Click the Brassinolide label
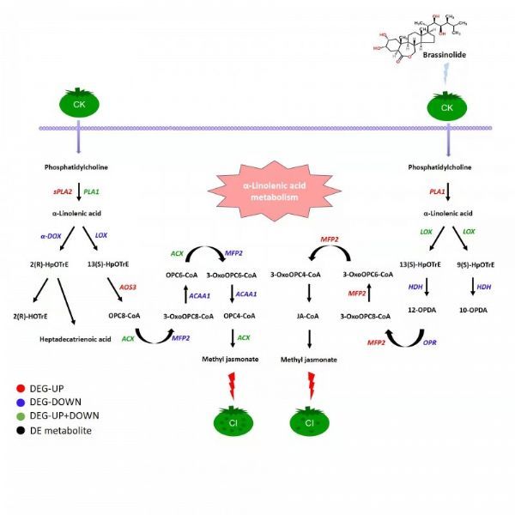point(444,55)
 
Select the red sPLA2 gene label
point(63,191)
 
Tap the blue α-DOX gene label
point(51,236)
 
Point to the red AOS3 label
point(127,287)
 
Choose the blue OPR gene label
point(430,342)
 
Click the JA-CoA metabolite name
point(308,316)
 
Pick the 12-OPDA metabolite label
point(422,310)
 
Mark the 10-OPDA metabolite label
point(473,310)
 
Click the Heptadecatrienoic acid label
point(76,339)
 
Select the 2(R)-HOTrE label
point(30,316)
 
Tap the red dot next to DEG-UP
point(21,389)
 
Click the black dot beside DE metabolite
point(21,431)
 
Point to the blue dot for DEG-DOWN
point(21,403)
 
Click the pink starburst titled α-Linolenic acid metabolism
point(275,191)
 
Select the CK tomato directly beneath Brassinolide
point(446,106)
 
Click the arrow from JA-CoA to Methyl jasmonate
point(309,339)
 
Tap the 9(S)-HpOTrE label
point(476,264)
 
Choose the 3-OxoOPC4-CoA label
point(295,275)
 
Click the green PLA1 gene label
point(91,191)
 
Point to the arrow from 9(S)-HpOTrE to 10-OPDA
point(473,286)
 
